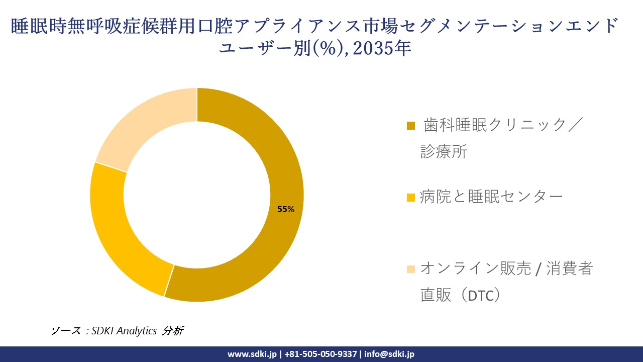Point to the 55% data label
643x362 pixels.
click(286, 210)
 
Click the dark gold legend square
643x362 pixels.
click(410, 126)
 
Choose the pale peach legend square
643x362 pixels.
click(410, 269)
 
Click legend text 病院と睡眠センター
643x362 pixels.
click(491, 197)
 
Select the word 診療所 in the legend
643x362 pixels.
click(444, 151)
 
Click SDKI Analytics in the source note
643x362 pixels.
click(124, 331)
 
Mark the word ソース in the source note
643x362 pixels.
click(65, 331)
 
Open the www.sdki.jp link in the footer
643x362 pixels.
click(252, 354)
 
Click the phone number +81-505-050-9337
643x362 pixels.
click(321, 354)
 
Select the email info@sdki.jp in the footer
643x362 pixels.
click(389, 354)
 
